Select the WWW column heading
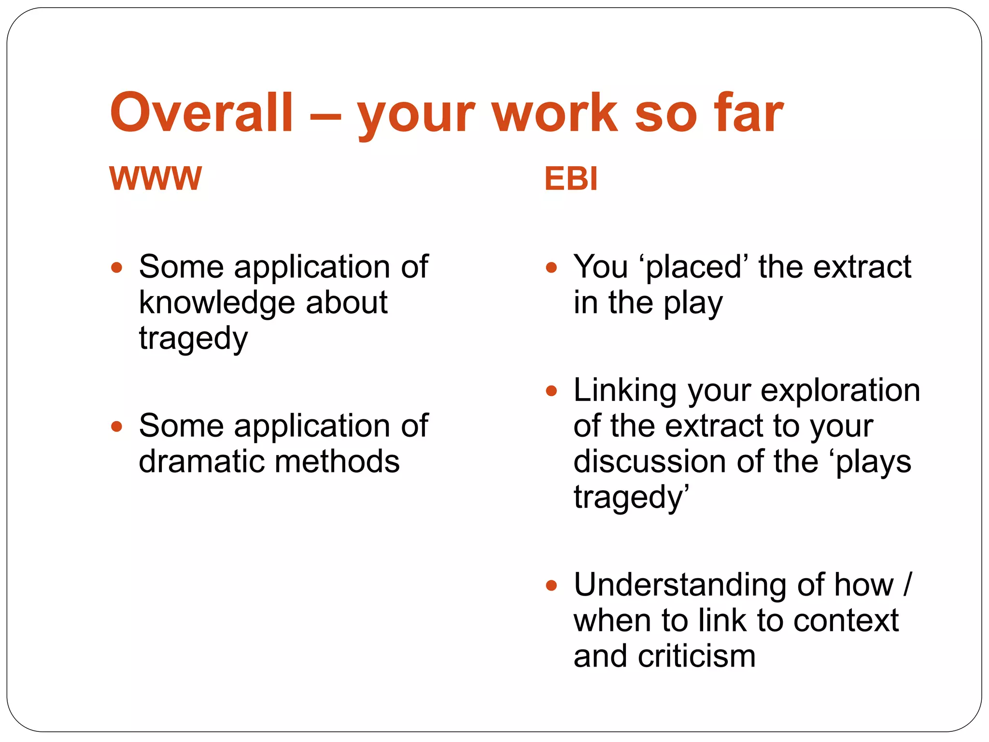click(x=155, y=179)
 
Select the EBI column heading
click(x=571, y=179)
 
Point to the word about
click(x=347, y=302)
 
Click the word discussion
click(x=650, y=461)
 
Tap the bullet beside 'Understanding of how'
click(x=551, y=586)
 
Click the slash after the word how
click(x=907, y=585)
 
